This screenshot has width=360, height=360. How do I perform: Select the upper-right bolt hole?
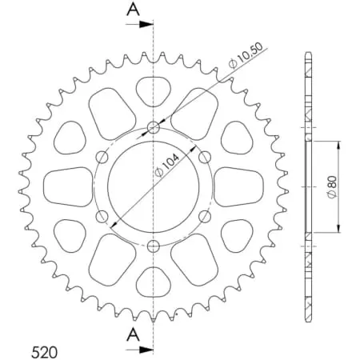coord(205,156)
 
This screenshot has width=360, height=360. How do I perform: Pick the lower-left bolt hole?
coord(102,216)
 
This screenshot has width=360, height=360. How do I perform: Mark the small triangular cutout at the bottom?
coord(153,282)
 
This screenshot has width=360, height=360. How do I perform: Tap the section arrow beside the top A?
coord(140,24)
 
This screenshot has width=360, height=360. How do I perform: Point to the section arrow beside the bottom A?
coord(140,349)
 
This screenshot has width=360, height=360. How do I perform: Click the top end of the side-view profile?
coord(308,55)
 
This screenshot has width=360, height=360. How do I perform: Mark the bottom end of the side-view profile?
coord(308,317)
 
